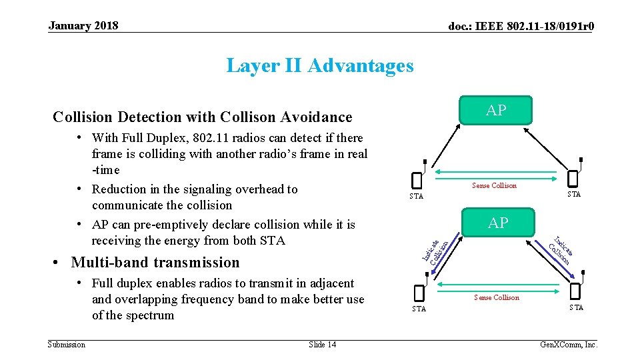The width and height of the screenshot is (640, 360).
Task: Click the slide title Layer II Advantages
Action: tap(320, 65)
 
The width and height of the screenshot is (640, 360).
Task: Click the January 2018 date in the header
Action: tap(83, 26)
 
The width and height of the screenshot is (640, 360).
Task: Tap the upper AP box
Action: tap(496, 111)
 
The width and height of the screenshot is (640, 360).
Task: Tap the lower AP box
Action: tap(498, 223)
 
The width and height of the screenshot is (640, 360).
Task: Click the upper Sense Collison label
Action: tap(494, 186)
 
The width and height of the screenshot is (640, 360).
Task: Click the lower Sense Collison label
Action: tap(496, 297)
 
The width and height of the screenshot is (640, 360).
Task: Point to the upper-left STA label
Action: tap(416, 196)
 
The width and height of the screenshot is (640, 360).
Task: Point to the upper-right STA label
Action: tap(574, 195)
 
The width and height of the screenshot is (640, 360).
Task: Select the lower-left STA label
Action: tap(419, 309)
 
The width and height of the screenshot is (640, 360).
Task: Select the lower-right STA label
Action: tap(576, 307)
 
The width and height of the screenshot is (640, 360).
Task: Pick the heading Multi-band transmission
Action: tap(155, 262)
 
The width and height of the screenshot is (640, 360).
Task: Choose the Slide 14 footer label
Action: tap(323, 344)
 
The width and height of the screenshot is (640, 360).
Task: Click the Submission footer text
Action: tap(67, 344)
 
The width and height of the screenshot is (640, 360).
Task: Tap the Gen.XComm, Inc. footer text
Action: tap(569, 345)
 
